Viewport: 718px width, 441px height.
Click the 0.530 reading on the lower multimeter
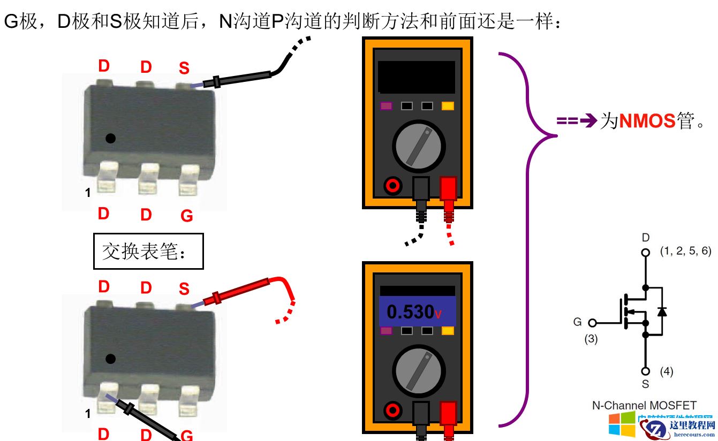tap(411, 311)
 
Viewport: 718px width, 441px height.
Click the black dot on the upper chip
tap(110, 139)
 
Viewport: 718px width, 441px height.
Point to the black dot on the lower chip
tap(110, 358)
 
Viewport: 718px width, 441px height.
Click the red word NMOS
tap(647, 121)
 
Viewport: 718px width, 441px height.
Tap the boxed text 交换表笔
tap(148, 251)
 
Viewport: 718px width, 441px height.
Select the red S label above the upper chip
tap(184, 69)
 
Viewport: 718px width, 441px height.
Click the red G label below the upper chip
tap(186, 216)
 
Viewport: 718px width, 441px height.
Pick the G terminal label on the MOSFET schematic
tap(577, 322)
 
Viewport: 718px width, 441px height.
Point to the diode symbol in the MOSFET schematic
tap(662, 310)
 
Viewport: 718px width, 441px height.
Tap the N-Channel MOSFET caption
tap(644, 405)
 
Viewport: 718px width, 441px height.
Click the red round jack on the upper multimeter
tap(393, 186)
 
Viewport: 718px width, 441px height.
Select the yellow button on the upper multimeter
tap(448, 106)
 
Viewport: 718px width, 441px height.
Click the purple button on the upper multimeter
tap(386, 106)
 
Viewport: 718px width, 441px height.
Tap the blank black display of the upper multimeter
tap(417, 77)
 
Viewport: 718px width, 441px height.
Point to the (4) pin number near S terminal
tap(666, 371)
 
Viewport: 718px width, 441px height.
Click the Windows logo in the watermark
tap(622, 424)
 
